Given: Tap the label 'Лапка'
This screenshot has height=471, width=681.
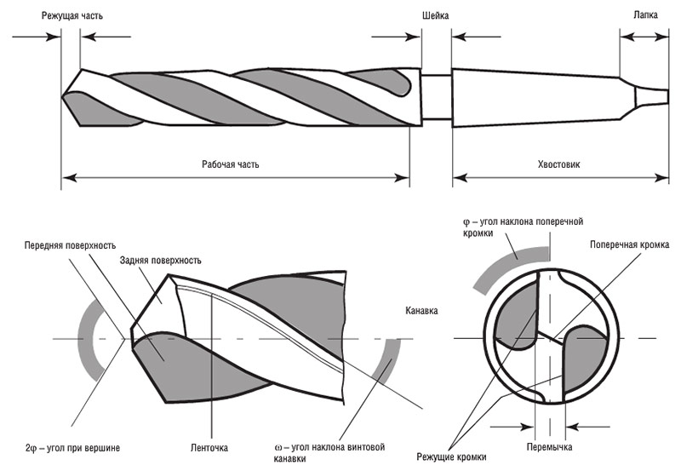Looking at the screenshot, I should tap(644, 14).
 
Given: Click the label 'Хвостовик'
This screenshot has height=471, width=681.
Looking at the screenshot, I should tap(559, 164).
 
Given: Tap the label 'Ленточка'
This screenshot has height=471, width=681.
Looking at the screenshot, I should tap(210, 447).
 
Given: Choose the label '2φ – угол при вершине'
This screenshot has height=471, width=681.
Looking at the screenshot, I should tap(72, 447).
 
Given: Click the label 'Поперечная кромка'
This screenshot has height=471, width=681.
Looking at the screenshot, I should tap(628, 244).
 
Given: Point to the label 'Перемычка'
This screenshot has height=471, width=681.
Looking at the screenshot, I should tap(549, 447).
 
